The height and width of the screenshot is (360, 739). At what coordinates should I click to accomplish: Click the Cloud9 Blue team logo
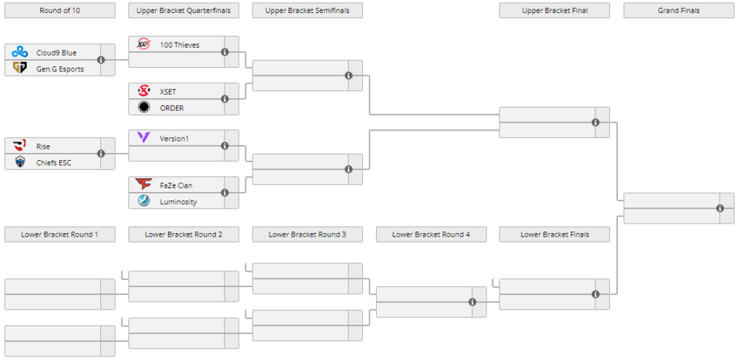pos(19,52)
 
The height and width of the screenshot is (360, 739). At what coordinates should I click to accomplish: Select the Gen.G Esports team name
pos(60,69)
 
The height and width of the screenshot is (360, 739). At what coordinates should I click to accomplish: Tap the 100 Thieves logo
pos(144,44)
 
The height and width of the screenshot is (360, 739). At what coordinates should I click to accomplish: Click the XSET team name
pos(167,92)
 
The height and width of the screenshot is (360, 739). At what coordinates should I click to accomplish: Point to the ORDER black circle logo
pos(144,107)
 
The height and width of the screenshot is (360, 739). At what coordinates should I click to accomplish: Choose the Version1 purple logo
pos(144,138)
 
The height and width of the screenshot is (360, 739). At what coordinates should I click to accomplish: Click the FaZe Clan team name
pos(176,185)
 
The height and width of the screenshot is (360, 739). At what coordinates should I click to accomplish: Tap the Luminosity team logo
pos(144,201)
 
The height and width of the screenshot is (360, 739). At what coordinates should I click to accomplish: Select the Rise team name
pos(43,146)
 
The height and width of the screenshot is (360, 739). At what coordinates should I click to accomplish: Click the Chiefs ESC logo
pos(19,162)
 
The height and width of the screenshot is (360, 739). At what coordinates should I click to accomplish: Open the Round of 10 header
pos(60,10)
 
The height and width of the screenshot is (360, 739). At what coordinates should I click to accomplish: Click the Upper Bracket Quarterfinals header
pos(184,10)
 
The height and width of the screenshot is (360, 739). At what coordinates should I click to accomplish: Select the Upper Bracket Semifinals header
pos(307,10)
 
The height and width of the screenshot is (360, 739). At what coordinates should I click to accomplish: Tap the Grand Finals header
pos(678,10)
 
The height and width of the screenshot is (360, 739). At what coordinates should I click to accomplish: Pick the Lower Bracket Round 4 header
pos(431,234)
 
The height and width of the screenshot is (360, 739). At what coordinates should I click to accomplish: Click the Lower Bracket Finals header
pos(554,234)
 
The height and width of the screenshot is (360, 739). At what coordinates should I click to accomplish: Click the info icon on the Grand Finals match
pos(720,208)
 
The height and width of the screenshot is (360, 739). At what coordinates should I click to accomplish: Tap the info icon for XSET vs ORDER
pos(225,100)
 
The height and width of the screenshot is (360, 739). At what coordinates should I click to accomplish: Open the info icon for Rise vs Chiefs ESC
pos(101,154)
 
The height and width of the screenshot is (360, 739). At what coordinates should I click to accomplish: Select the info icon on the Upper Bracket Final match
pos(595,123)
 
